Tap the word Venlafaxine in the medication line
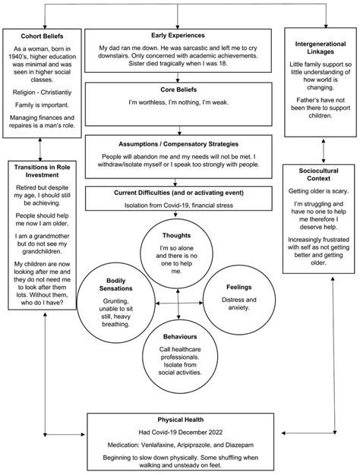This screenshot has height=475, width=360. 162,444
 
